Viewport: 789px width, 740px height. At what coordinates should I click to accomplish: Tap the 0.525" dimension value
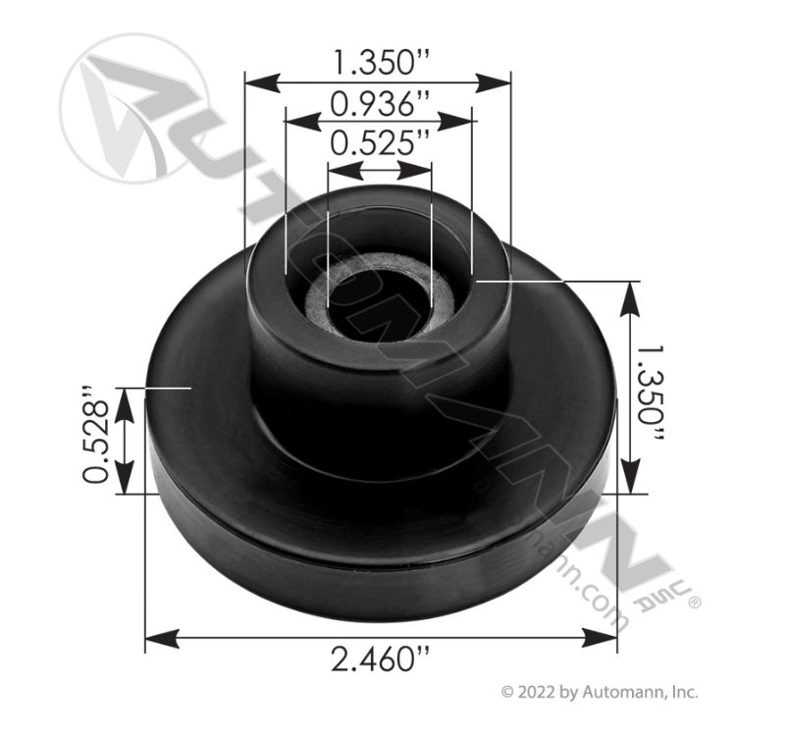coord(379,144)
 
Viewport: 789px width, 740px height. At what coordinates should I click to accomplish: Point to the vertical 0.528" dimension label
coord(96,441)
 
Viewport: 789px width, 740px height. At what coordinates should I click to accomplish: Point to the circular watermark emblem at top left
coord(131,108)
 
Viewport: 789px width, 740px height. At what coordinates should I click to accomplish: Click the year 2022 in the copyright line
coord(535,692)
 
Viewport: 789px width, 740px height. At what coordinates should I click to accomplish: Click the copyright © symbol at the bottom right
coord(507,692)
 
